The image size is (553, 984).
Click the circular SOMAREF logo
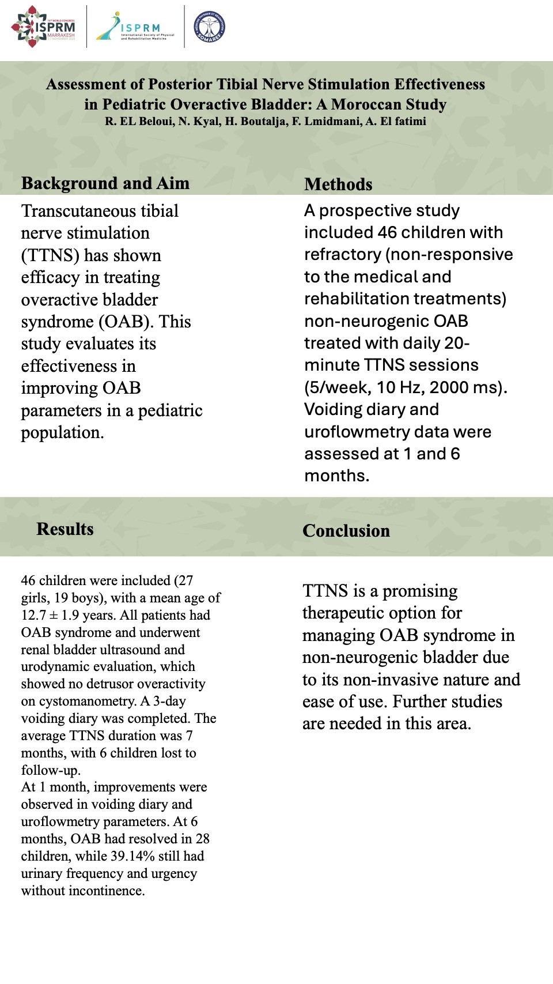[x=209, y=27]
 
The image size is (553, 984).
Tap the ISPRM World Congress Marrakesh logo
[x=44, y=27]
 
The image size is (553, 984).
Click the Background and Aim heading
[x=105, y=183]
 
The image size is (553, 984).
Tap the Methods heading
[x=338, y=184]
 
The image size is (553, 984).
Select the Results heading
[x=65, y=529]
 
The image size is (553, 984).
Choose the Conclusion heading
[x=346, y=531]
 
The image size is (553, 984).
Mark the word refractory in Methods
[x=335, y=254]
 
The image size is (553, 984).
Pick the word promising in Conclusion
[x=420, y=591]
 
